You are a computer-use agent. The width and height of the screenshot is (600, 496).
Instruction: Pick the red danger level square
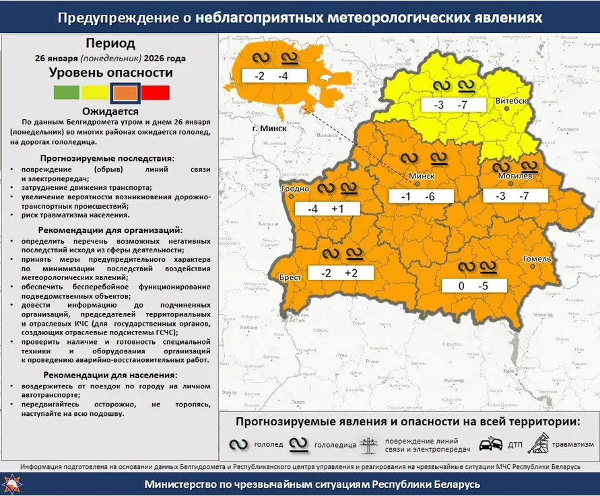(156, 92)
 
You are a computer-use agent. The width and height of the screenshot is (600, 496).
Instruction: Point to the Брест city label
(289, 277)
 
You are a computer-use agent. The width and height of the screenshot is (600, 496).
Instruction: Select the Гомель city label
(537, 258)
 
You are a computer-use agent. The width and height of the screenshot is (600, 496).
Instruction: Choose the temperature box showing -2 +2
(339, 273)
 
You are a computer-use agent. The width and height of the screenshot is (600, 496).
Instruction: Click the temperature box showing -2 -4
(271, 76)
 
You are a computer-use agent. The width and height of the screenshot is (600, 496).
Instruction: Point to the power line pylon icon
(370, 446)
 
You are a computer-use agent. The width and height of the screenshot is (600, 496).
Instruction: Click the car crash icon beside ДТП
(490, 445)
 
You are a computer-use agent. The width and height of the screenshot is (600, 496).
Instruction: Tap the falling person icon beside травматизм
(540, 444)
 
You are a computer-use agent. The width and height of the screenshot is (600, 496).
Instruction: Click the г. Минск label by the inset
(269, 128)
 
